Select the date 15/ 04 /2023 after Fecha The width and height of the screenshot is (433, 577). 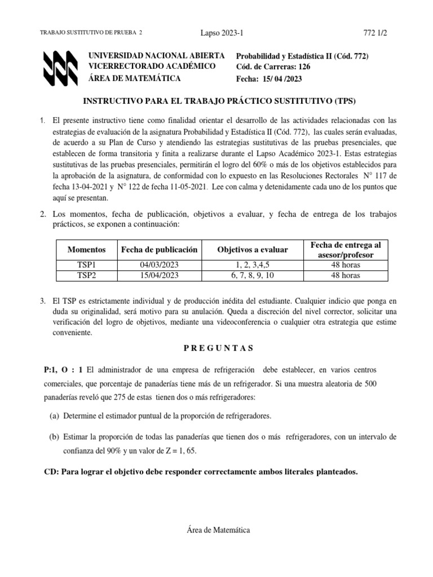tap(282, 79)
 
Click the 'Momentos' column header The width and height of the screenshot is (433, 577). tap(86, 250)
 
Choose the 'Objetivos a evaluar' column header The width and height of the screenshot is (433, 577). tap(252, 250)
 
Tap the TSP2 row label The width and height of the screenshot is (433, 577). tap(86, 275)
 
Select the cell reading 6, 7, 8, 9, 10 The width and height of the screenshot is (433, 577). tap(252, 275)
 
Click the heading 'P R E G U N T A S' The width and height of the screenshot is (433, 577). tap(219, 348)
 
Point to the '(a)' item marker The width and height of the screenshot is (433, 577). tap(55, 416)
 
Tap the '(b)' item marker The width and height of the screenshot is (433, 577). tap(55, 437)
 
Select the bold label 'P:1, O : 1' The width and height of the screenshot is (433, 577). tap(63, 369)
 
